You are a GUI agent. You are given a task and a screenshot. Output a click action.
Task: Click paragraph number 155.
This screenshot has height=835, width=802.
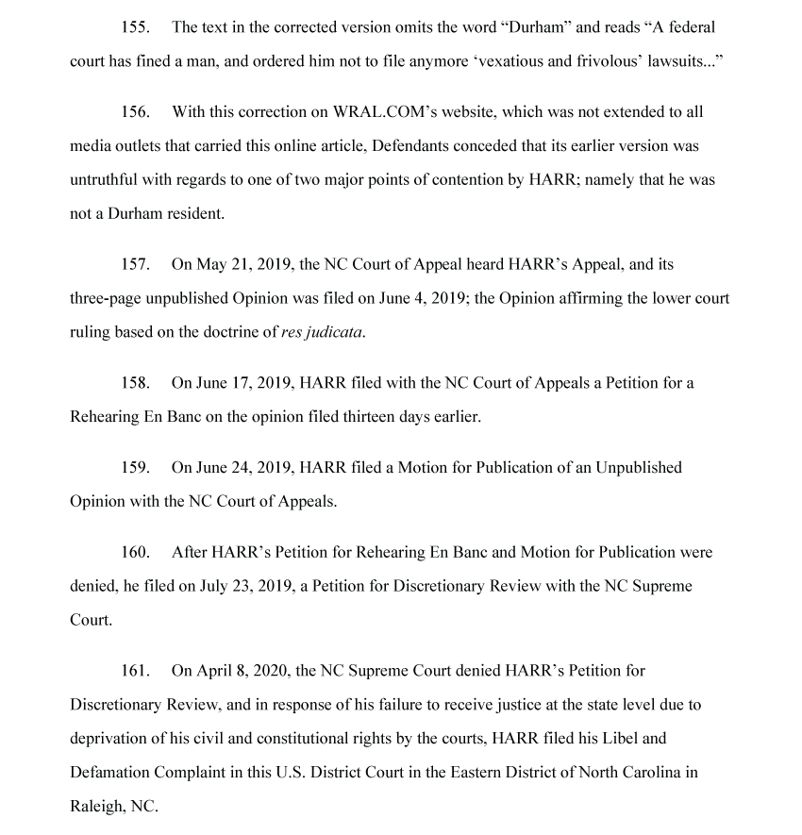[135, 27]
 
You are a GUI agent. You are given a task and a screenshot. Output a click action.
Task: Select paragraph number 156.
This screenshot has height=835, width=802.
[135, 112]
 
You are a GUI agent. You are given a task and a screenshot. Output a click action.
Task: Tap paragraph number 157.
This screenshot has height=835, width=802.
[135, 265]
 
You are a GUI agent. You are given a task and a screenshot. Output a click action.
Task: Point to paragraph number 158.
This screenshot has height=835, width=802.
[135, 383]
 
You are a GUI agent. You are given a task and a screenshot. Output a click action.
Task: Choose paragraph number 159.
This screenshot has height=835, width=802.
[135, 468]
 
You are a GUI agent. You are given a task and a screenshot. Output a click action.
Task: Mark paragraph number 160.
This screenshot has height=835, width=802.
[135, 552]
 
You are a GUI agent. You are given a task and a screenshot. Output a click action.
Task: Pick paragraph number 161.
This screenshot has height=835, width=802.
[135, 671]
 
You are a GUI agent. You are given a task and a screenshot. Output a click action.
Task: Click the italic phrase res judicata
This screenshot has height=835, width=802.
[322, 333]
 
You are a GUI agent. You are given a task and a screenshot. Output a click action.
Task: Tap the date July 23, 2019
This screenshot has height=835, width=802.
[246, 586]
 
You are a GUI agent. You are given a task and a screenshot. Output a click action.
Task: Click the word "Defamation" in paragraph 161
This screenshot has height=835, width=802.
[107, 773]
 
